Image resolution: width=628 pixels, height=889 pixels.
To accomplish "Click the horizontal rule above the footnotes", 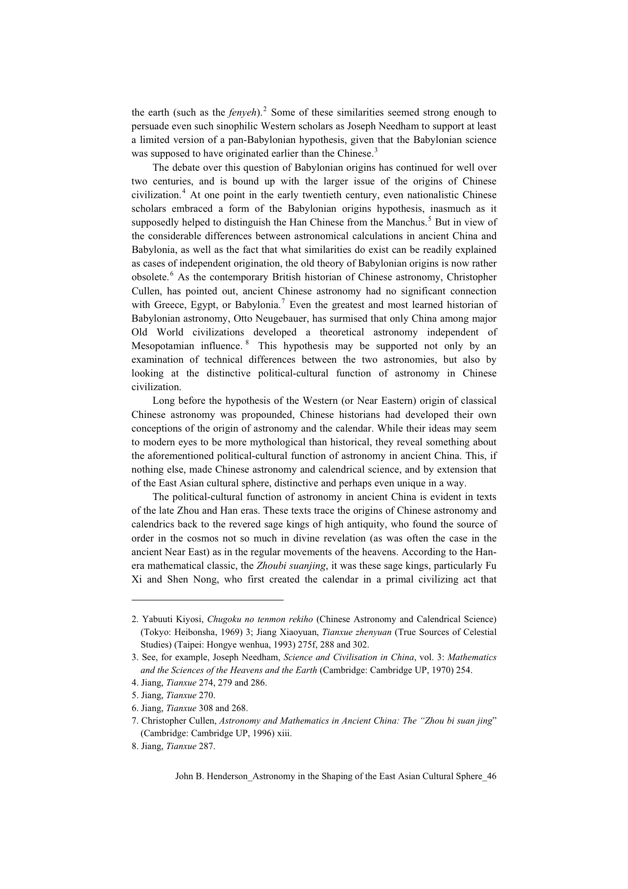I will [207, 600].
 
